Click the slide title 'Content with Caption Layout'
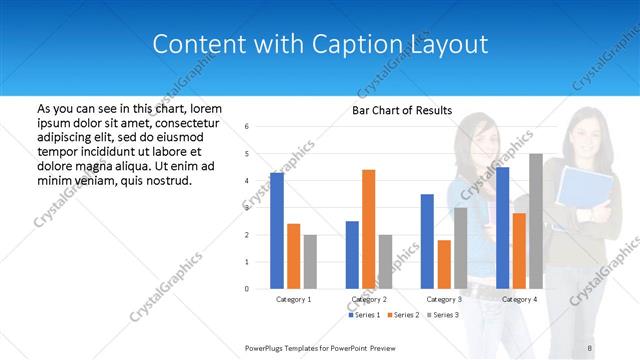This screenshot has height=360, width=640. pyautogui.click(x=320, y=44)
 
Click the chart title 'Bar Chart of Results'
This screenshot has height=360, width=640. pyautogui.click(x=401, y=110)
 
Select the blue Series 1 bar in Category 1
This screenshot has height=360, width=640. pyautogui.click(x=277, y=230)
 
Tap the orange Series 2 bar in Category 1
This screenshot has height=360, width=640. pyautogui.click(x=293, y=256)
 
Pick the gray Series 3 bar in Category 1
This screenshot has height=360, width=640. pyautogui.click(x=310, y=261)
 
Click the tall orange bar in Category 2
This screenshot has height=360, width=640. pyautogui.click(x=368, y=229)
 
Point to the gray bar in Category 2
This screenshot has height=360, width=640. pyautogui.click(x=385, y=261)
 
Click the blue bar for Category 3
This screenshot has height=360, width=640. pyautogui.click(x=427, y=241)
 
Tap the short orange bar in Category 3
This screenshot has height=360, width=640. pyautogui.click(x=444, y=264)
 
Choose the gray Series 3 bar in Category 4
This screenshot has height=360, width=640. pyautogui.click(x=536, y=221)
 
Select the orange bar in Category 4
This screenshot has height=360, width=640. pyautogui.click(x=519, y=250)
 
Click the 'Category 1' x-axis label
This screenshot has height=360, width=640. pyautogui.click(x=293, y=299)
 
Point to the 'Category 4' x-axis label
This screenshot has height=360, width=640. pyautogui.click(x=519, y=299)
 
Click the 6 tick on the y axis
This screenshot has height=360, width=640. pyautogui.click(x=247, y=127)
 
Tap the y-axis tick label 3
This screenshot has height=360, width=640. pyautogui.click(x=247, y=208)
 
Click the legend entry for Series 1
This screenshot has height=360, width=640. pyautogui.click(x=364, y=315)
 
